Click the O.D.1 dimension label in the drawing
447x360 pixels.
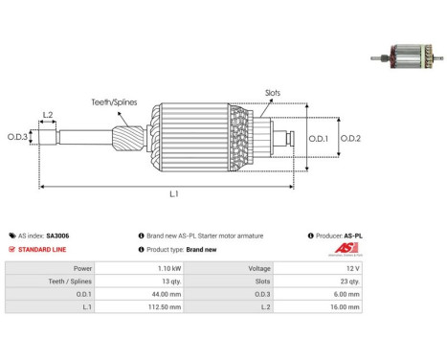[x=318, y=139]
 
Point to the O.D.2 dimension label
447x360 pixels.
[x=350, y=139]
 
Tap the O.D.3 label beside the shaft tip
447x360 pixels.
[x=17, y=137]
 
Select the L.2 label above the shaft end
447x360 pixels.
[x=48, y=115]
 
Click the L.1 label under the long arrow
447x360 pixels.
[x=174, y=193]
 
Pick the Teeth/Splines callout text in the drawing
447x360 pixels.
[x=114, y=102]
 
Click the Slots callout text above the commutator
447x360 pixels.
[x=273, y=93]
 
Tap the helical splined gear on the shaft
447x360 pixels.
[x=128, y=139]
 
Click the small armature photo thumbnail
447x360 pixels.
[x=407, y=56]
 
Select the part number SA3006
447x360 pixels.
[x=57, y=236]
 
